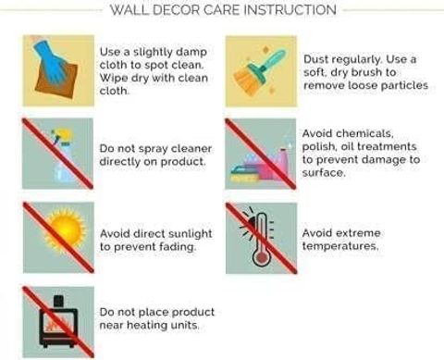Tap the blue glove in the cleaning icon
click(51, 63)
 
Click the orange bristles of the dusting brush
click(246, 81)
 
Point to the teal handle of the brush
click(272, 60)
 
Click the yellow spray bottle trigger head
click(64, 136)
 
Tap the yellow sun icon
click(65, 230)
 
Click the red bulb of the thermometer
click(261, 258)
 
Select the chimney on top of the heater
click(58, 301)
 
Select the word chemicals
click(364, 133)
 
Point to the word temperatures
click(340, 246)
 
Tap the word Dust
click(315, 59)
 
